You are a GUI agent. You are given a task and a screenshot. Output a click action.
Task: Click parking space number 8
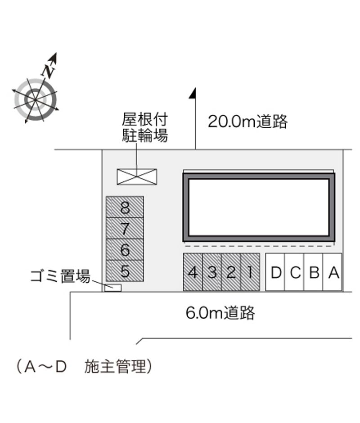(125, 207)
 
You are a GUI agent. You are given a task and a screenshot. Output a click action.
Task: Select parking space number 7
(125, 228)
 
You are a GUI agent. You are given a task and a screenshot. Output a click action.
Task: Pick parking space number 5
(125, 271)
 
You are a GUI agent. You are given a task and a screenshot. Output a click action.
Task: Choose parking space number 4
(193, 272)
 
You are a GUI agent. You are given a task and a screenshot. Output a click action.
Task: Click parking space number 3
(212, 272)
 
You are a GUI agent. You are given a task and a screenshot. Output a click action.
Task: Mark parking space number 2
(231, 272)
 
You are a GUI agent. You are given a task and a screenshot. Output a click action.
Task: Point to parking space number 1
(250, 272)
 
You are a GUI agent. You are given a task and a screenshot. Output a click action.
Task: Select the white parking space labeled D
(275, 272)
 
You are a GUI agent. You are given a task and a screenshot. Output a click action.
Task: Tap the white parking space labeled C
(294, 272)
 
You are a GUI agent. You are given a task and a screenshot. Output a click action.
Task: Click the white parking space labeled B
(314, 272)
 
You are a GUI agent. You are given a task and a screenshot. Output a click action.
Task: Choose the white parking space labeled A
(333, 272)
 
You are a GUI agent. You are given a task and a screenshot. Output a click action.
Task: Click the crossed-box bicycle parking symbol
(137, 177)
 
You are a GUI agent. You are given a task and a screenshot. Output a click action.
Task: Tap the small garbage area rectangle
(113, 288)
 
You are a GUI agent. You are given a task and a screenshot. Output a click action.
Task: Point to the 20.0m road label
(248, 121)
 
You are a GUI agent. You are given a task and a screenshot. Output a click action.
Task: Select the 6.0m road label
(220, 313)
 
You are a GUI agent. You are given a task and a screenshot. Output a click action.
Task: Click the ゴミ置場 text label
(60, 276)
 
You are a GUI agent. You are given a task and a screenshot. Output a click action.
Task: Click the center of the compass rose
(36, 100)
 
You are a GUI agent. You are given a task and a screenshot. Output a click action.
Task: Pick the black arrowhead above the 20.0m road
(193, 93)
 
